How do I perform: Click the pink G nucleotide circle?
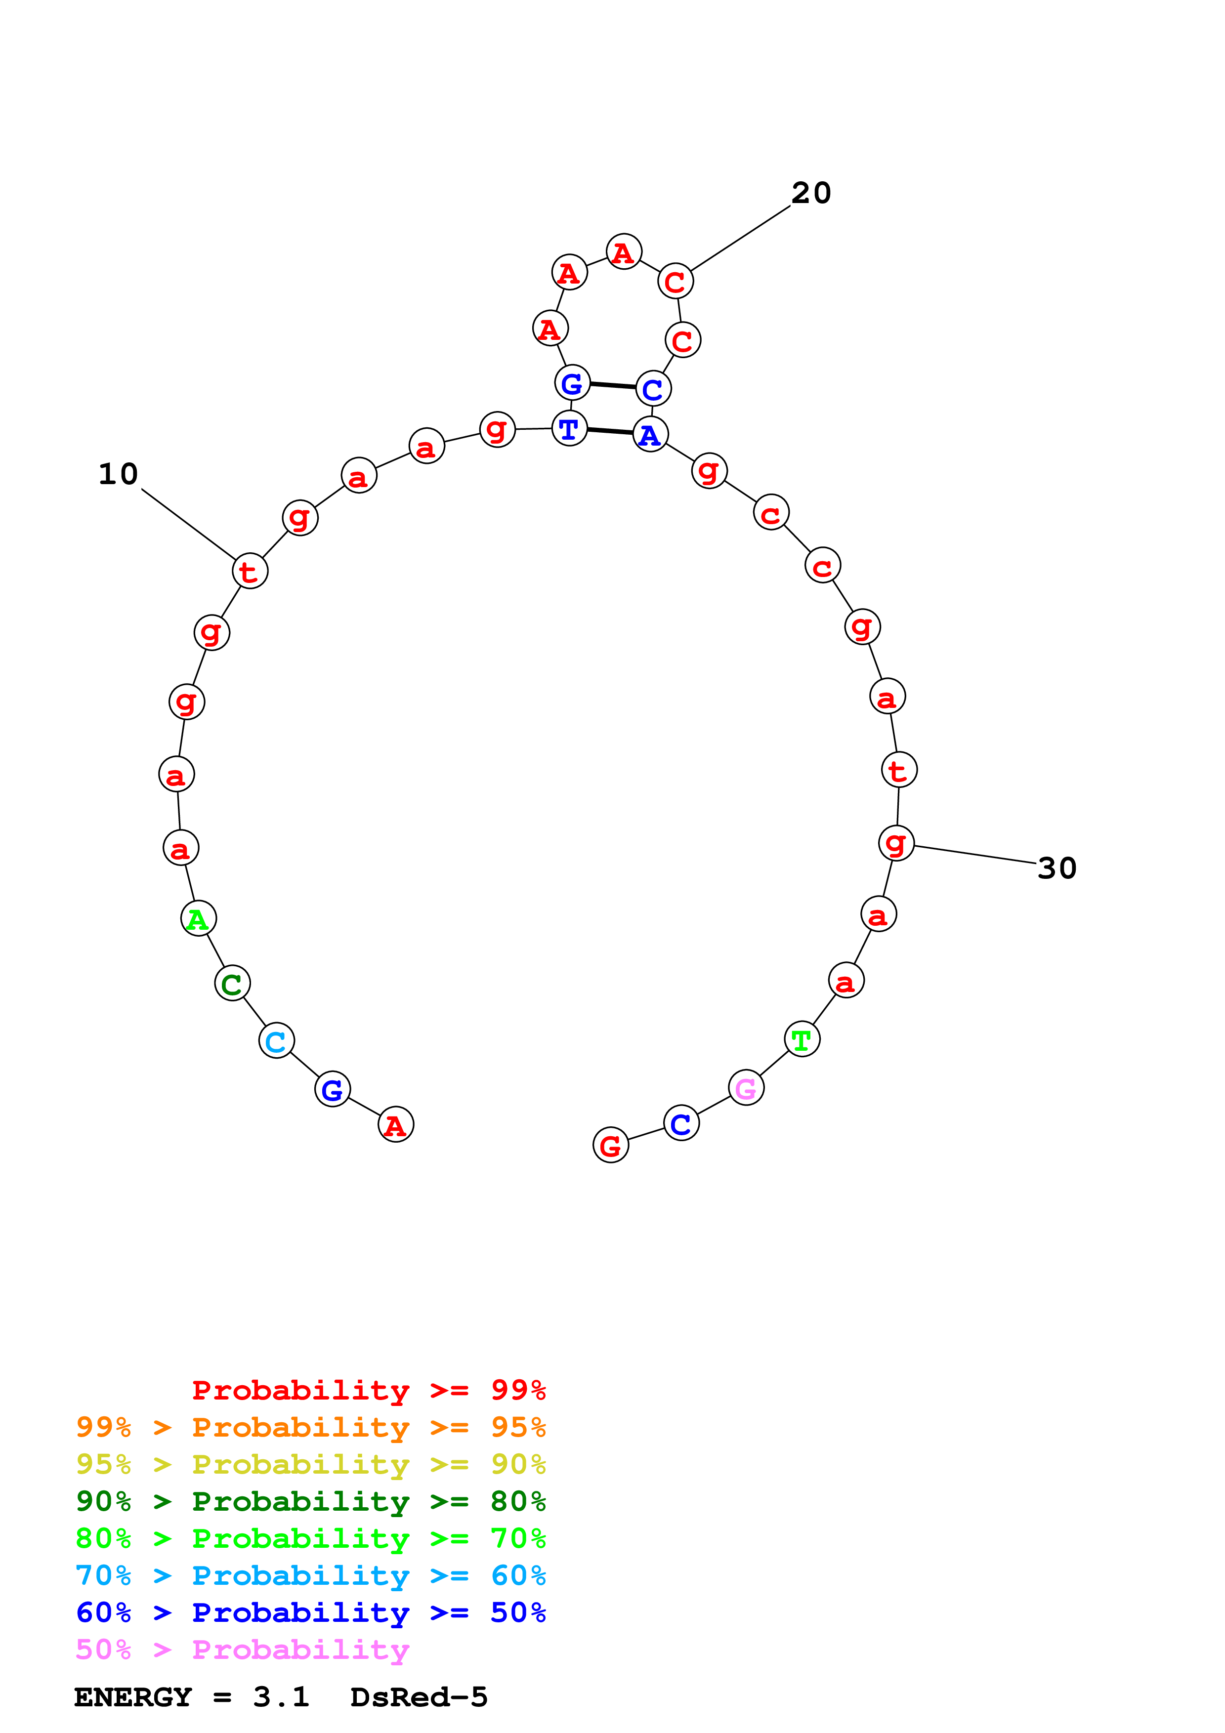(x=746, y=1088)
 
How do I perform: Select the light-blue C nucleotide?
(x=276, y=1041)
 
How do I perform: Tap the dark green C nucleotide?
(x=232, y=984)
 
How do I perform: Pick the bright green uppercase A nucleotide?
(x=199, y=918)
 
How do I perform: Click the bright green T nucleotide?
(x=802, y=1039)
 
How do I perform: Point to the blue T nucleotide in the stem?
(x=570, y=429)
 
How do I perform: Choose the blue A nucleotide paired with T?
(x=650, y=435)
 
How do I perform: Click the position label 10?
(x=119, y=474)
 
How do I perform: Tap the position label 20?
(x=811, y=193)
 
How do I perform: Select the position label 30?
(x=1056, y=868)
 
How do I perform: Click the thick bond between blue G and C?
(x=612, y=386)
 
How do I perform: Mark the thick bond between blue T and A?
(x=610, y=431)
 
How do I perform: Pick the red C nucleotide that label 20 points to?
(x=676, y=282)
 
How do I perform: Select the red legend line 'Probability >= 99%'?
(x=368, y=1390)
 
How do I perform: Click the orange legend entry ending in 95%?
(x=310, y=1427)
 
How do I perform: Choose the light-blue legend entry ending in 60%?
(x=310, y=1575)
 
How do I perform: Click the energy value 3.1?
(x=281, y=1697)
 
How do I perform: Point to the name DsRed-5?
(x=419, y=1697)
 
